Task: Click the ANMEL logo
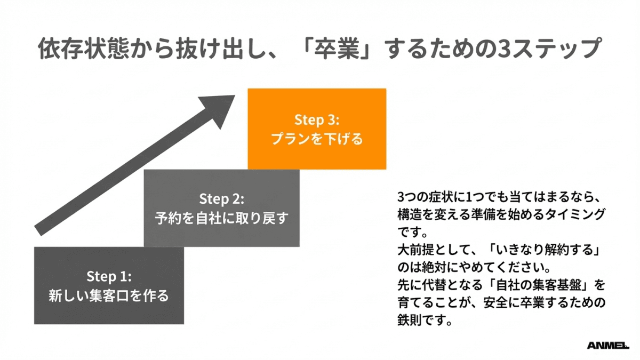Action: pos(608,345)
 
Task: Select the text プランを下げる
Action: pos(317,139)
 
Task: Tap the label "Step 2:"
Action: pos(222,199)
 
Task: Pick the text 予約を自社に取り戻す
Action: pos(222,219)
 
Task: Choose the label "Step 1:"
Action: pos(109,276)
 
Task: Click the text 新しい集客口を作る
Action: pos(109,295)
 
